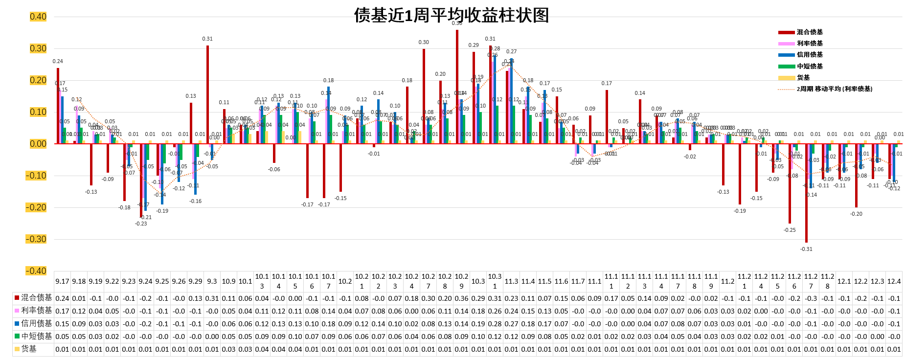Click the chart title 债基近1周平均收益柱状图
point(451,15)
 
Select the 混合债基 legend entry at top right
point(809,32)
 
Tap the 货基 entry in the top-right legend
point(803,78)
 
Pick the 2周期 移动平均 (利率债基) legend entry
point(834,89)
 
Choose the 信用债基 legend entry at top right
point(809,55)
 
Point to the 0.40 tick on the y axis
point(38,17)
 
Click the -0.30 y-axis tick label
point(36,239)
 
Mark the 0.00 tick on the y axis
point(38,144)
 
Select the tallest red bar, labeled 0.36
point(457,87)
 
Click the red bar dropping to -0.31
point(807,193)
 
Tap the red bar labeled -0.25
point(790,183)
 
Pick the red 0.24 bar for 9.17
point(58,106)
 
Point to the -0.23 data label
point(141,224)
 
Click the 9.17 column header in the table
point(62,281)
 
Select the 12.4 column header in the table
point(894,281)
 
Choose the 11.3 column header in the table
point(511,281)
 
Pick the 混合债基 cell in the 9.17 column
point(62,298)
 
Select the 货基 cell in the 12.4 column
point(894,349)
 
